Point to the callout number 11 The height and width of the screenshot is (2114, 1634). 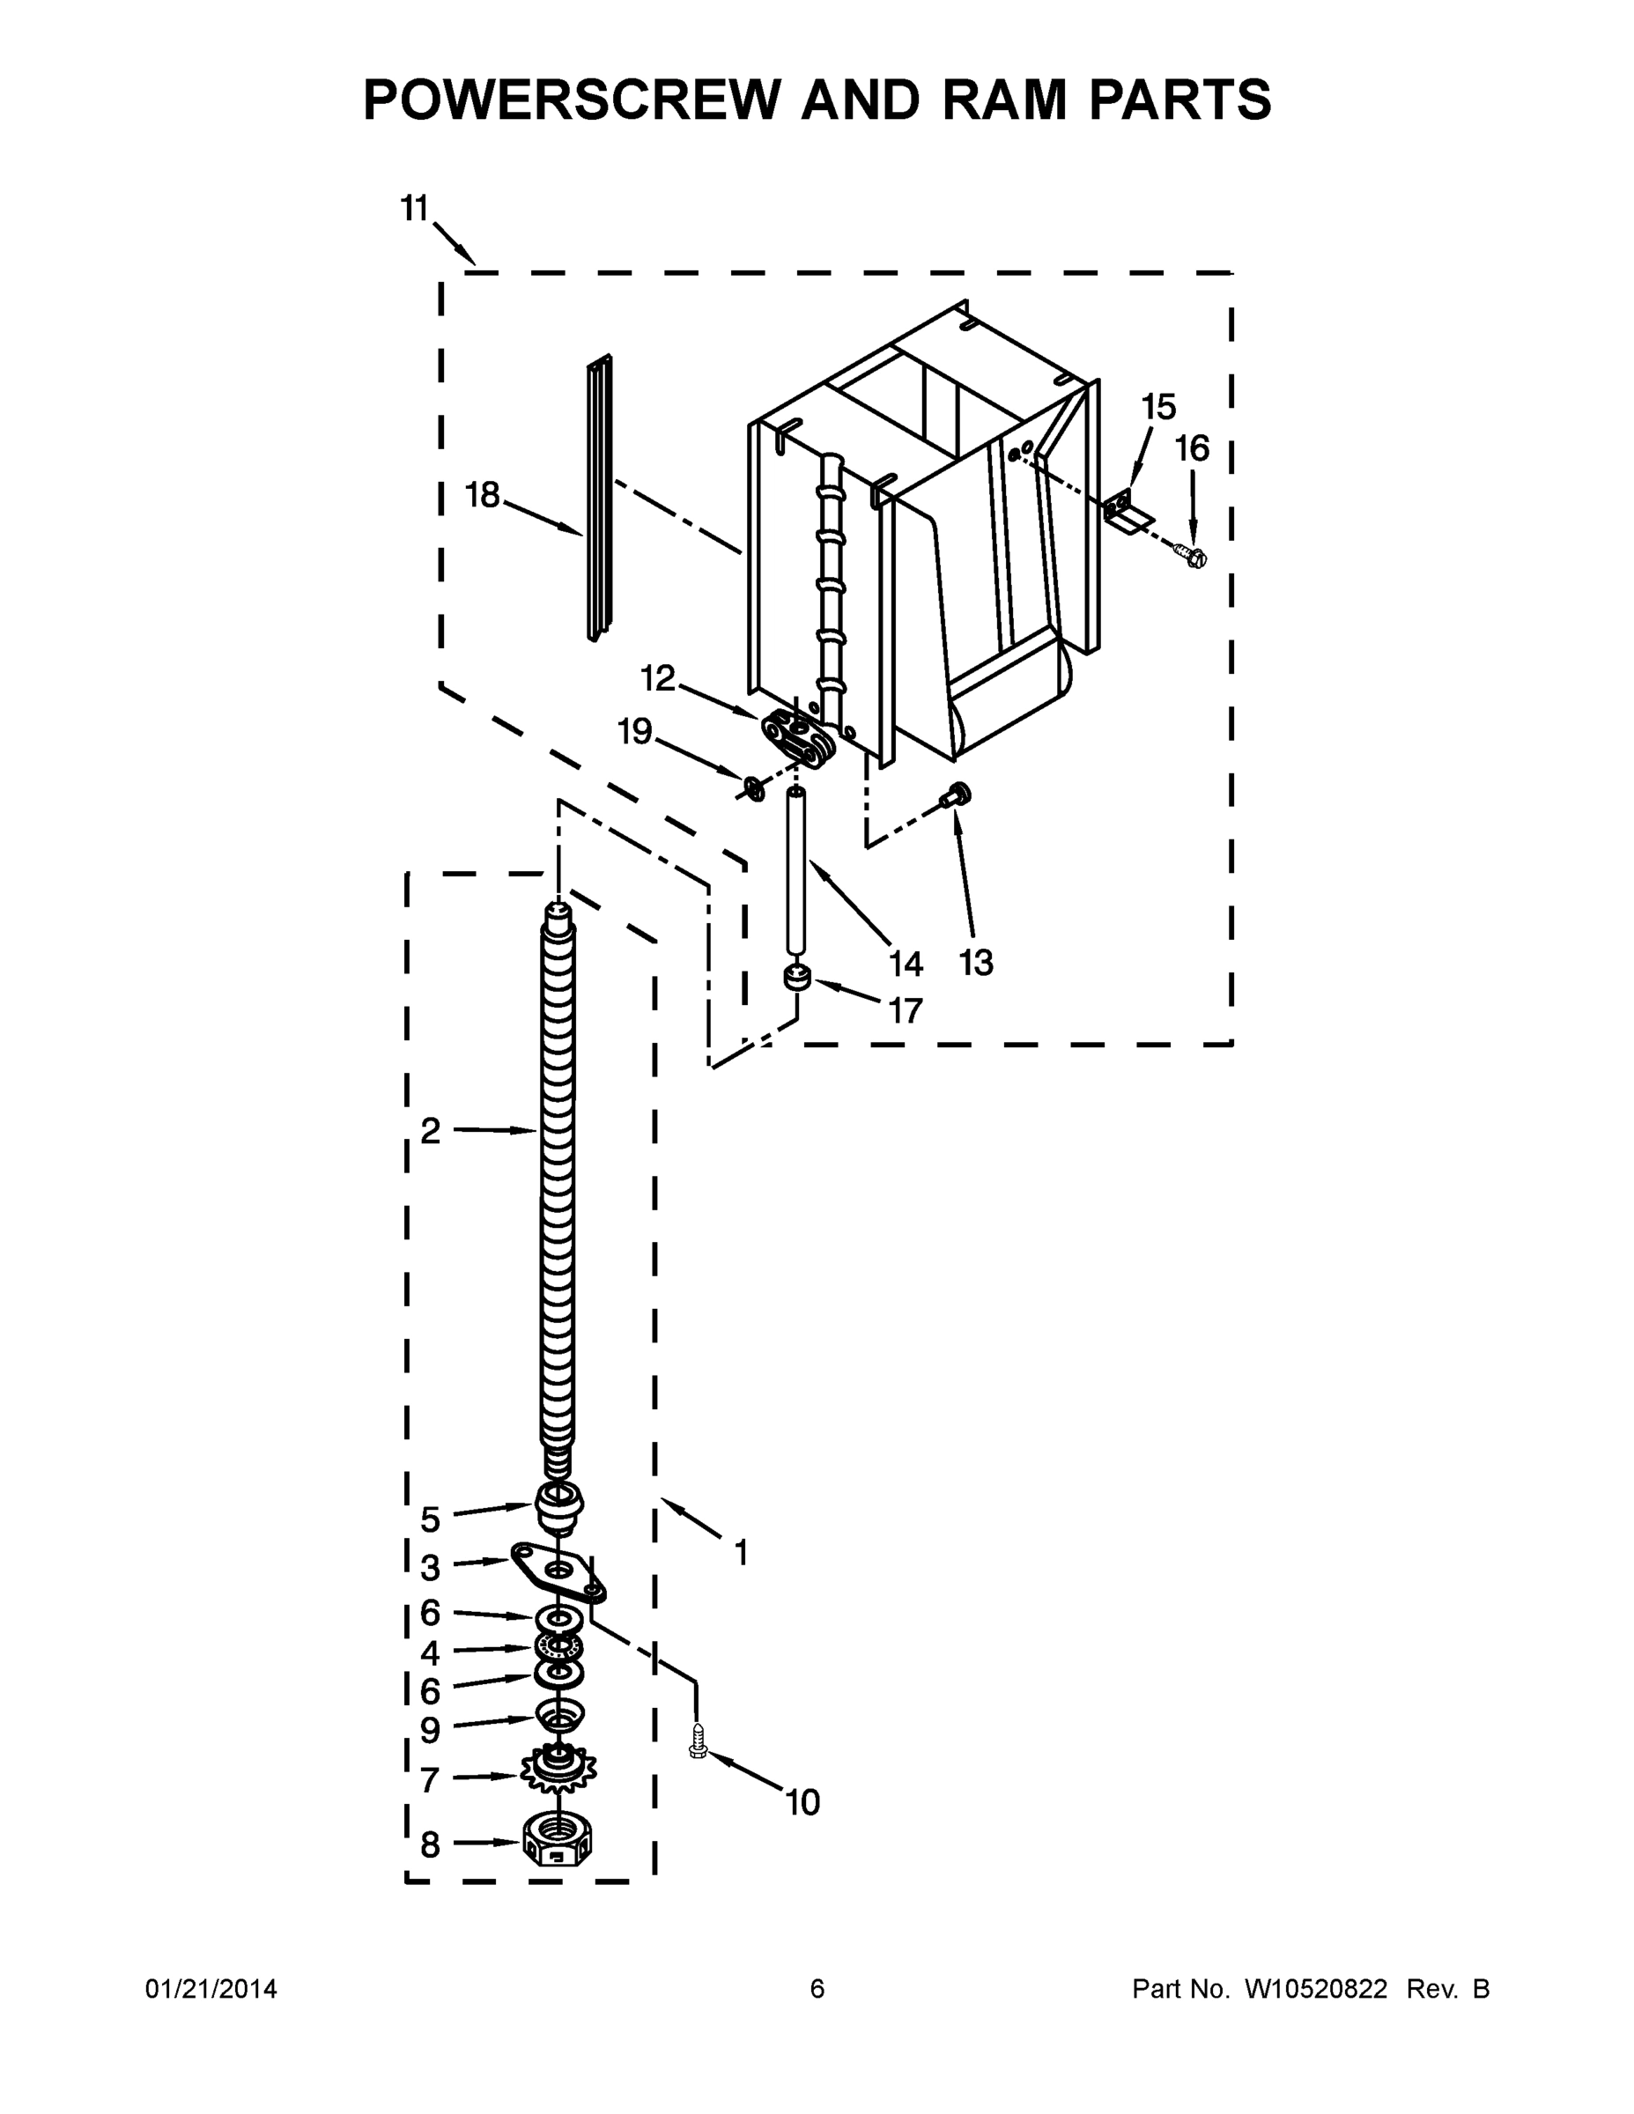pyautogui.click(x=414, y=208)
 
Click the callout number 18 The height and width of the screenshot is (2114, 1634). pyautogui.click(x=482, y=496)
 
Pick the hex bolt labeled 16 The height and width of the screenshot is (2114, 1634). pyautogui.click(x=1192, y=557)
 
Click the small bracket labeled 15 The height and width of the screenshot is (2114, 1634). pyautogui.click(x=1123, y=510)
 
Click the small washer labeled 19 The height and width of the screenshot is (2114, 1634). pyautogui.click(x=752, y=789)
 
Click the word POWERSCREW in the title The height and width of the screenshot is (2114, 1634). pyautogui.click(x=570, y=100)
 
